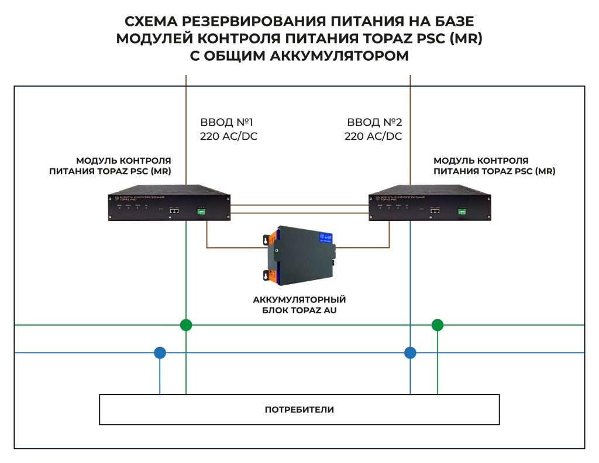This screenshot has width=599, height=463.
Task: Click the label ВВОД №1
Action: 226,123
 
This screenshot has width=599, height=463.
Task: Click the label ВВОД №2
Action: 374,123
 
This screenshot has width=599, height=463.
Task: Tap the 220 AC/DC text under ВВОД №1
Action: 229,137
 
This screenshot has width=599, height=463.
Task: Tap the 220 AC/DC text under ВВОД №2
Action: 373,137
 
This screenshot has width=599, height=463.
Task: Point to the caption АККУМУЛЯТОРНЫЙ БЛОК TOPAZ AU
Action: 299,305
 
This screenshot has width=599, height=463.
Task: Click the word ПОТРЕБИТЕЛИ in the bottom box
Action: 299,409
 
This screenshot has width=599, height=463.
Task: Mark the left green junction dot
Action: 186,325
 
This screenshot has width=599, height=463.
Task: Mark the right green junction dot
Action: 438,325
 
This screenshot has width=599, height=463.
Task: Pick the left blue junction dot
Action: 160,353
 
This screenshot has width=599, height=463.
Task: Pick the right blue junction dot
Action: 410,353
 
